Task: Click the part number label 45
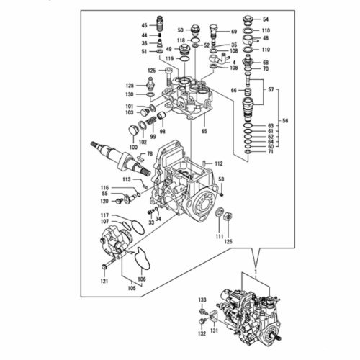144,25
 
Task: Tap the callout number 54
266,19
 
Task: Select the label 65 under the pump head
204,131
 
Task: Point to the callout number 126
228,242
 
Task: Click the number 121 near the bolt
104,281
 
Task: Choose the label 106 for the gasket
142,279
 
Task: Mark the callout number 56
285,121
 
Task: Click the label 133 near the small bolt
202,300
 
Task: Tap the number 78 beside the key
150,153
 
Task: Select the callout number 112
219,163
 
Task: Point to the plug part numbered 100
132,131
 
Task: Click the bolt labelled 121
108,264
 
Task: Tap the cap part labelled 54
247,20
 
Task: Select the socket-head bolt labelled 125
169,77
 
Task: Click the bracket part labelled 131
213,316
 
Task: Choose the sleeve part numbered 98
161,116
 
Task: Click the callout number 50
180,30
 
